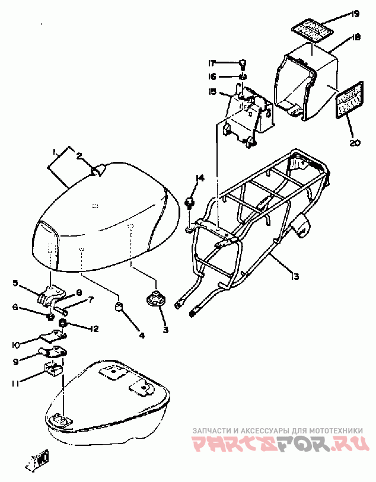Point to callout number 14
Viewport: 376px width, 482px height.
pyautogui.click(x=200, y=178)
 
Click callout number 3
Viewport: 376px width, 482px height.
pyautogui.click(x=165, y=330)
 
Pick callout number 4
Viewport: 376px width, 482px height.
pyautogui.click(x=142, y=336)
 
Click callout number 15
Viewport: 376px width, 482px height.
pyautogui.click(x=212, y=92)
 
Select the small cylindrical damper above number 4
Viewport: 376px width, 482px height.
pyautogui.click(x=119, y=307)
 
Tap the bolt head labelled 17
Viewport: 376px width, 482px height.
pyautogui.click(x=243, y=62)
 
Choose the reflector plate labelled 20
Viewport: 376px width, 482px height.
pyautogui.click(x=349, y=100)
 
